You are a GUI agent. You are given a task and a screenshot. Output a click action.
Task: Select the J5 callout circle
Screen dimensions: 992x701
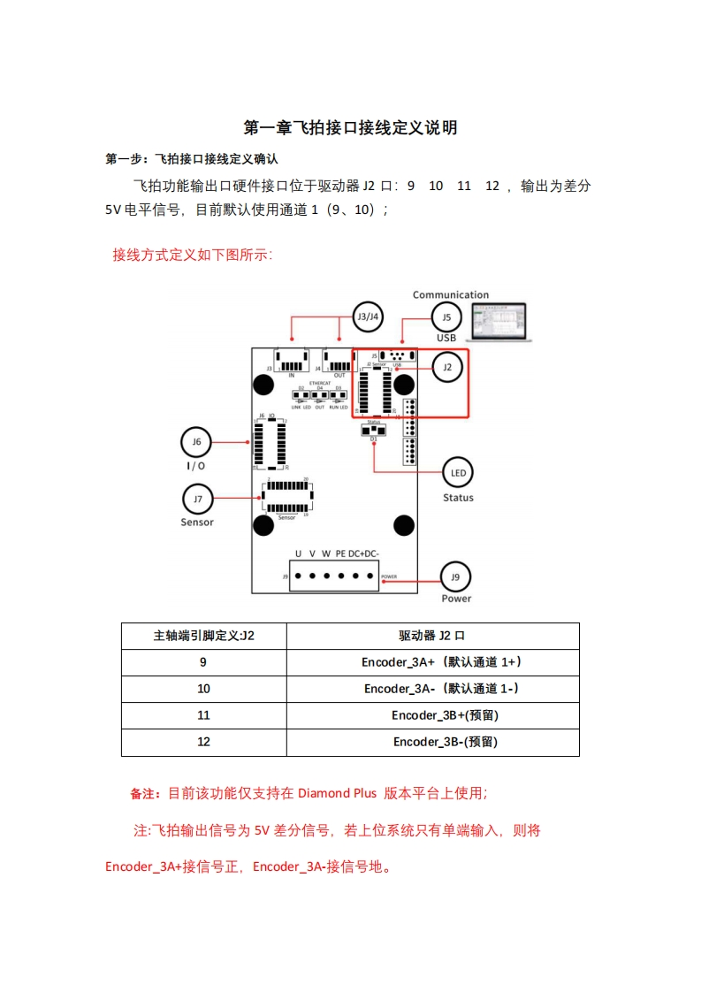(x=446, y=317)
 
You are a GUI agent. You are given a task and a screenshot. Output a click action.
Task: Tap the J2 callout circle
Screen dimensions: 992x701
(x=446, y=366)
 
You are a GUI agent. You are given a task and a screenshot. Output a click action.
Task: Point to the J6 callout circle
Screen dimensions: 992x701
(x=195, y=441)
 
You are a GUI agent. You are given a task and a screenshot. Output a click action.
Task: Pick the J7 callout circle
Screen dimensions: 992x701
(x=197, y=499)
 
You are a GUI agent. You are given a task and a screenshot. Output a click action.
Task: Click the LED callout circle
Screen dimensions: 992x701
(x=458, y=473)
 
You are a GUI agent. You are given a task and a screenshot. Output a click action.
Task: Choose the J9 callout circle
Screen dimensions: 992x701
(x=455, y=577)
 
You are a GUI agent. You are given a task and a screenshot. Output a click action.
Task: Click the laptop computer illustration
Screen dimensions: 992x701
(x=499, y=322)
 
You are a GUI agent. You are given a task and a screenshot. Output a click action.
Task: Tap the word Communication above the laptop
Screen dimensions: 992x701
(x=450, y=295)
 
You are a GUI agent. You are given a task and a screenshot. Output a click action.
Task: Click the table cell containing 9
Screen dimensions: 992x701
(x=204, y=662)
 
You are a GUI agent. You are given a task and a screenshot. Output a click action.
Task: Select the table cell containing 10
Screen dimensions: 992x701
(x=204, y=689)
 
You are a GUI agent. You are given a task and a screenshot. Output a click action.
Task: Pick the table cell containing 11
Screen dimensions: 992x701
(x=204, y=715)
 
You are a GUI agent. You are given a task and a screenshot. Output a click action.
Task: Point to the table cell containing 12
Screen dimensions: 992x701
(x=204, y=742)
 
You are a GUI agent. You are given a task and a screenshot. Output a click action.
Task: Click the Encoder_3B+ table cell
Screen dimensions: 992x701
(x=432, y=715)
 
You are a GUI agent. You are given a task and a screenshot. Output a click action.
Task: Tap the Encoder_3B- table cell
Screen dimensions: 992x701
(x=432, y=742)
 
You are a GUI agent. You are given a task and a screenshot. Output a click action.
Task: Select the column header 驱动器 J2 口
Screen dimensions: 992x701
(x=432, y=636)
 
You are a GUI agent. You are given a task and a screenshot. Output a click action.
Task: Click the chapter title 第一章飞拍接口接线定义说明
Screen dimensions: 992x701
(x=350, y=128)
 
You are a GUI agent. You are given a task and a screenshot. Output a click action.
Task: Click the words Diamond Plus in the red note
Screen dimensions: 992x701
(x=337, y=794)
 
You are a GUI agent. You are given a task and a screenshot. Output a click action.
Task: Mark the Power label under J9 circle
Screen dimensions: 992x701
(x=456, y=599)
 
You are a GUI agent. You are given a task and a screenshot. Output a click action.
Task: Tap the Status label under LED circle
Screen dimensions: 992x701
(x=458, y=498)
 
